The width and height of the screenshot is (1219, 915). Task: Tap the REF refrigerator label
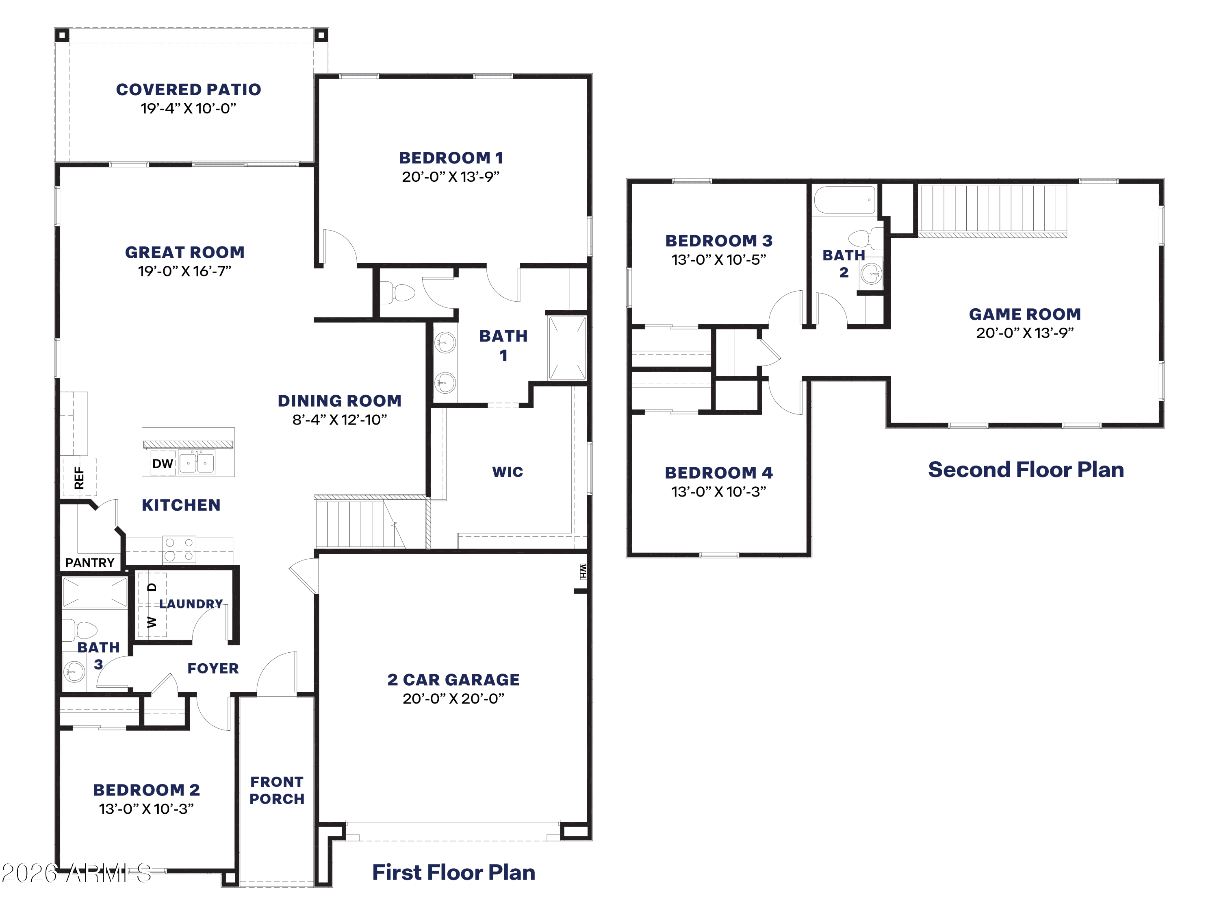coord(79,478)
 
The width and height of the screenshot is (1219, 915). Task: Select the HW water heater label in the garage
coord(583,571)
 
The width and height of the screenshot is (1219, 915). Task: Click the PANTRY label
coord(90,562)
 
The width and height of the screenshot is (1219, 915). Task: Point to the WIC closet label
coord(508,472)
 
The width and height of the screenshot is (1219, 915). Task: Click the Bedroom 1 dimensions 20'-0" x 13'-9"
coord(451,176)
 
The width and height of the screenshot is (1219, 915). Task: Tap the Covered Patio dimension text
coord(189,108)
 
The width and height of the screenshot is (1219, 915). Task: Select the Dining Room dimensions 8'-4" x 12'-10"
coord(339,420)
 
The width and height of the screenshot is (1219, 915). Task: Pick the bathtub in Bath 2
coord(845,200)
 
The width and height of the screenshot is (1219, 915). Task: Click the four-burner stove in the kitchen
coord(179,549)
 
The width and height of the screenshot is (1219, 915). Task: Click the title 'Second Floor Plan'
coord(1026,469)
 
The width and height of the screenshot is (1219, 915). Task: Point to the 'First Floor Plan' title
coord(453,872)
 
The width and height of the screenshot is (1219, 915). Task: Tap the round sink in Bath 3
coord(74,672)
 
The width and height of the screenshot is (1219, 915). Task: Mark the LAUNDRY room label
coord(191,604)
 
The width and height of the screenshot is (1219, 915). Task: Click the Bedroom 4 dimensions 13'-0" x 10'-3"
coord(719,491)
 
